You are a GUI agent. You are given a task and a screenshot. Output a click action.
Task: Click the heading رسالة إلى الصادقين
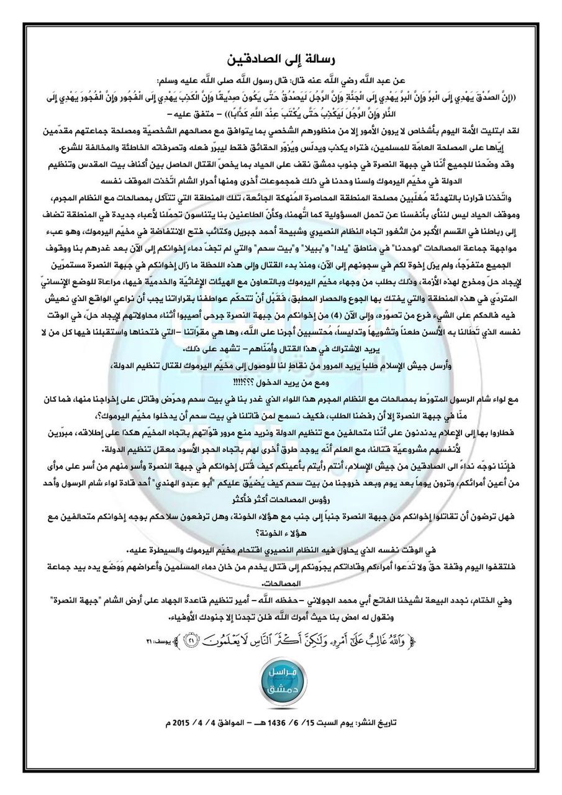[281, 60]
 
